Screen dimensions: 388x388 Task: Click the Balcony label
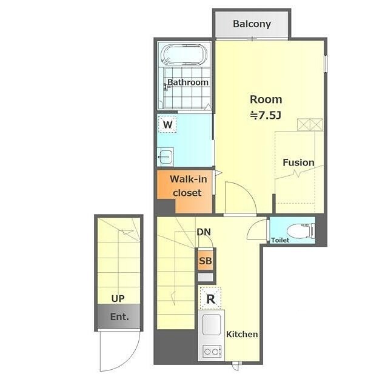[252, 24]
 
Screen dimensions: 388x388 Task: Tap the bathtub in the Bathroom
[184, 55]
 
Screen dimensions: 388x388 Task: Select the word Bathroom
[188, 82]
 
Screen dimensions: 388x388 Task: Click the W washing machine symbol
[167, 124]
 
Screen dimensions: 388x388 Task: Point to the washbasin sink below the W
[166, 156]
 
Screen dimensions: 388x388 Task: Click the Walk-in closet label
[189, 186]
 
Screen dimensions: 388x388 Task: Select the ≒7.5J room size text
[266, 115]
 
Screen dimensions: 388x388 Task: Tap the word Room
[266, 99]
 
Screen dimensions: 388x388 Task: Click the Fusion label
[298, 162]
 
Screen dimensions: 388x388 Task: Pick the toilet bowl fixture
[301, 231]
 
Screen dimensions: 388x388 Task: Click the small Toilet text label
[280, 240]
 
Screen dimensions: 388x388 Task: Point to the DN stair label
[204, 232]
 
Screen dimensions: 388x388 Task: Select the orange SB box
[206, 261]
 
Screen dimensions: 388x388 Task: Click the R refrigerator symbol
[210, 299]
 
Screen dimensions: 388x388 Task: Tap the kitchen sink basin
[212, 324]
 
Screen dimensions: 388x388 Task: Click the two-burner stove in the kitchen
[212, 352]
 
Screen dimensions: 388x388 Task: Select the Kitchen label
[242, 334]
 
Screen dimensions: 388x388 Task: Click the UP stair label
[118, 299]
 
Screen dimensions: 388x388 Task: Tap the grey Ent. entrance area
[119, 316]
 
